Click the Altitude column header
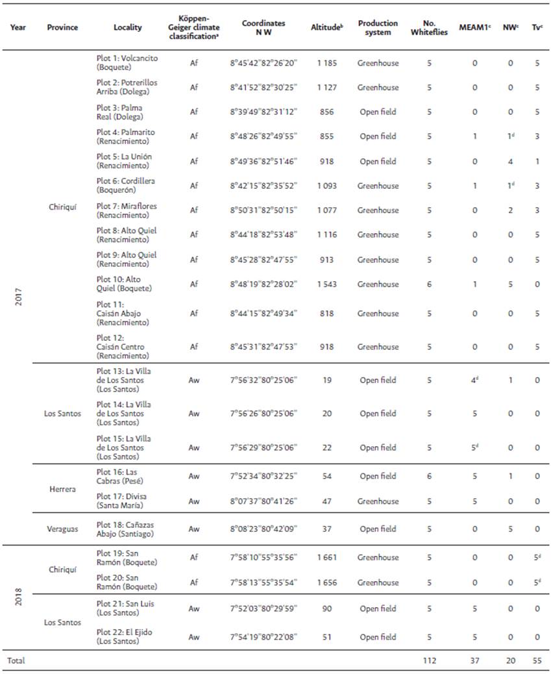tap(326, 28)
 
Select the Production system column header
tap(378, 28)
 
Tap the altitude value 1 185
tap(326, 63)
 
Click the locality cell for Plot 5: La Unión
tap(124, 161)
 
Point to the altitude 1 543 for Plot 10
tap(326, 284)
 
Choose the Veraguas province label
tap(62, 529)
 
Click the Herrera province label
tap(62, 488)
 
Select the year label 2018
tap(18, 597)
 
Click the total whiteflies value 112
tap(428, 661)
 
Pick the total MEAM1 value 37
tap(474, 661)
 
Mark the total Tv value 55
tap(537, 661)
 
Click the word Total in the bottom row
tap(16, 661)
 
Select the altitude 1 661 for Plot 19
tap(326, 557)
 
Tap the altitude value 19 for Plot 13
tap(326, 381)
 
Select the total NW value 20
tap(510, 661)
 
